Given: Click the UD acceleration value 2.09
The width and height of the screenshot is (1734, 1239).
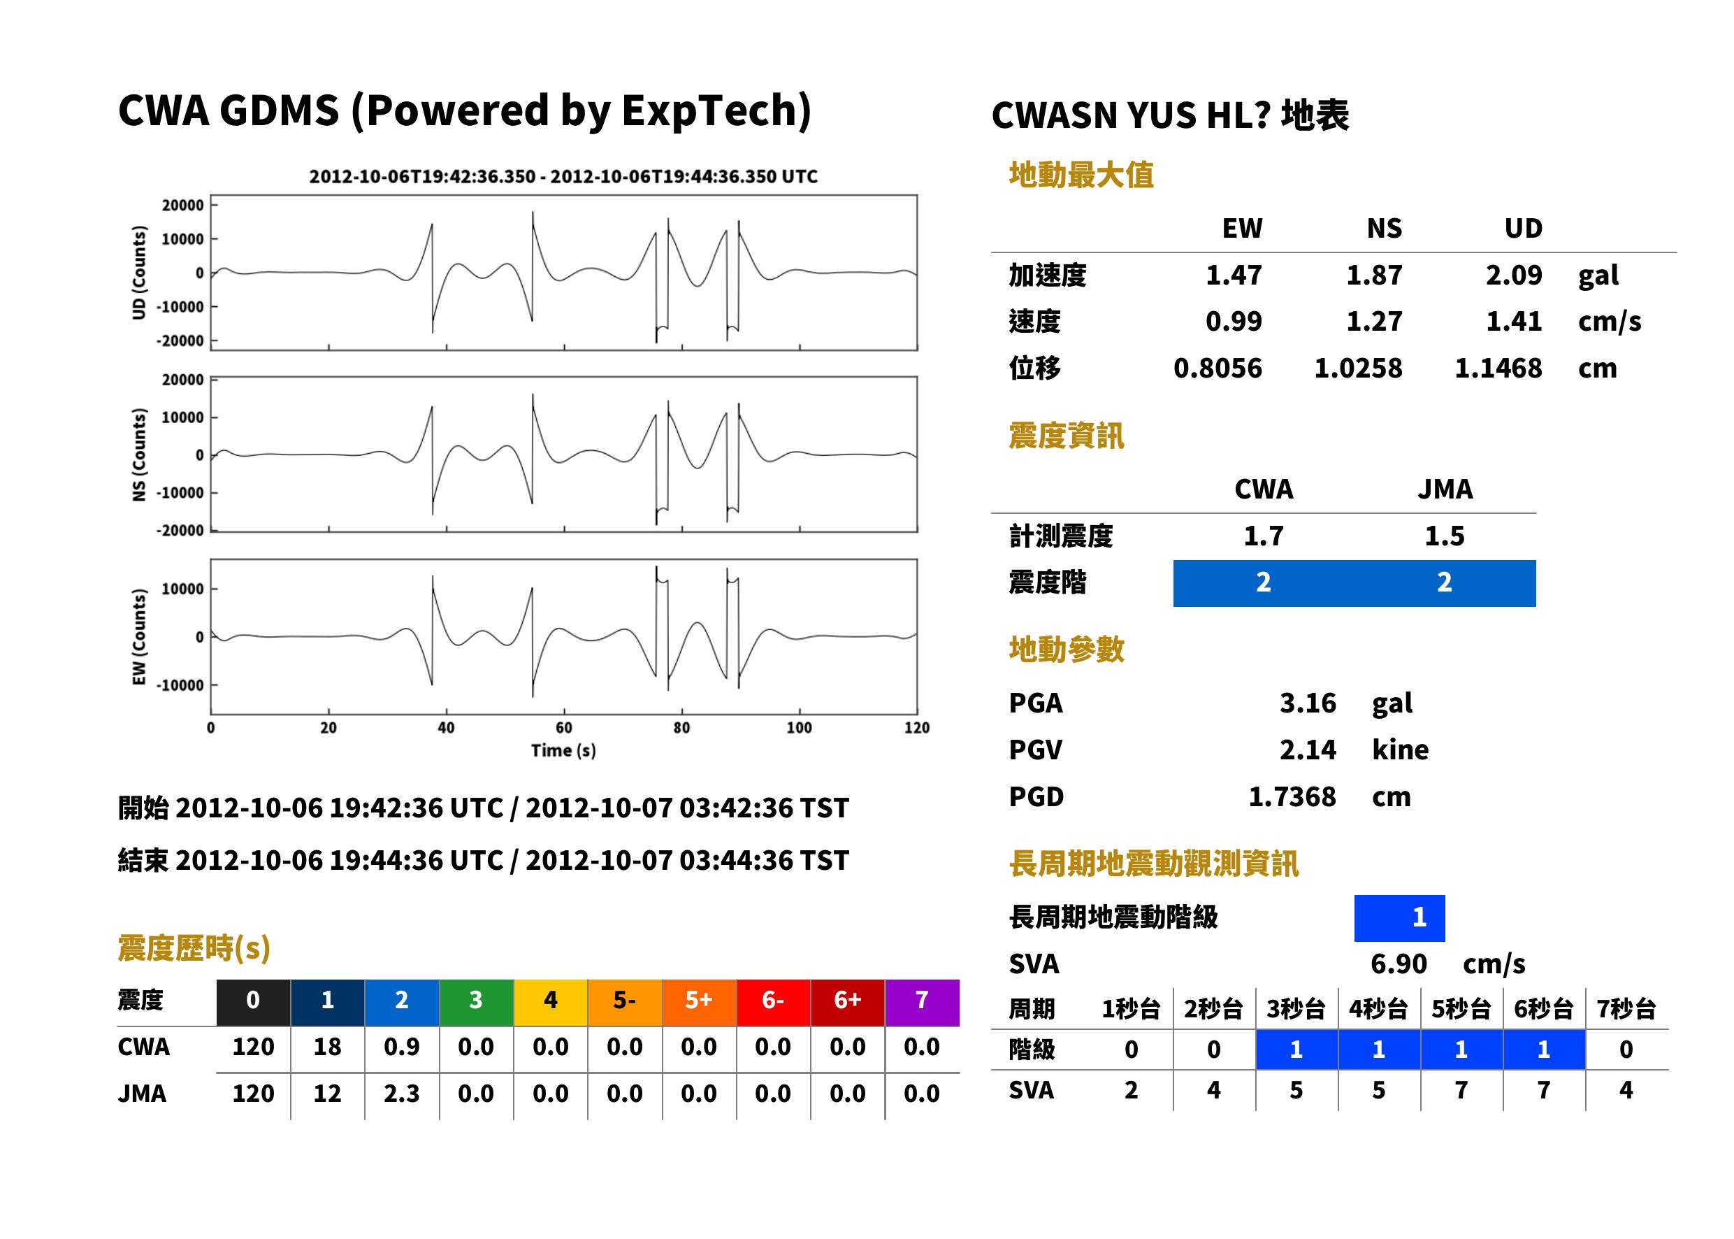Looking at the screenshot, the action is [1513, 275].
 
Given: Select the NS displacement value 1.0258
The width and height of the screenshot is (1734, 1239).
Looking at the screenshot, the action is [1357, 368].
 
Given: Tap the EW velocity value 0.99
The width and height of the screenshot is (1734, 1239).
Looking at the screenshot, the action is [1233, 321].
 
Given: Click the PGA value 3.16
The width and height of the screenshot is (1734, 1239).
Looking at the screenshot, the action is [1307, 703].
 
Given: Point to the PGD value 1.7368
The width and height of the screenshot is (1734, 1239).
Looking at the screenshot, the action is [1292, 796].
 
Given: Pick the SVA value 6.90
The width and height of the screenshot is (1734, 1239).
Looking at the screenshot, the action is [1398, 964].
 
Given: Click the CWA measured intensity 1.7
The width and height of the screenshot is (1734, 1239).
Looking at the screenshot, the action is [1264, 536].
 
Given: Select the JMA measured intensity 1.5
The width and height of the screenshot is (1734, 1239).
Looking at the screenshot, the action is [1444, 536].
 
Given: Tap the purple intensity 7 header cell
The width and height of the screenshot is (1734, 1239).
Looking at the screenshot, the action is [922, 1000].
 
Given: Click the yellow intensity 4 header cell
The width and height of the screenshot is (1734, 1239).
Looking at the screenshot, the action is [550, 1000].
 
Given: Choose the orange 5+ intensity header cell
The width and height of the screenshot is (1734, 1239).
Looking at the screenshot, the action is [698, 1000].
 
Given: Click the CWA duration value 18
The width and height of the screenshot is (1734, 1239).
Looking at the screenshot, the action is [327, 1047].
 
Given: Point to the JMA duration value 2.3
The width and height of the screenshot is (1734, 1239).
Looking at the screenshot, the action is [401, 1094].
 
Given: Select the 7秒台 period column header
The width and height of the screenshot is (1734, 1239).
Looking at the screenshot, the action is [1626, 1008].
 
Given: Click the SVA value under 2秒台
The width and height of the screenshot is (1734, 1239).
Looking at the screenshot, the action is [1213, 1090].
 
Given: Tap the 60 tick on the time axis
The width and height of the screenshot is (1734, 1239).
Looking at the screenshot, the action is [563, 728].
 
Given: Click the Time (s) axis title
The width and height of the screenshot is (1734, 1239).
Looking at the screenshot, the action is [563, 751].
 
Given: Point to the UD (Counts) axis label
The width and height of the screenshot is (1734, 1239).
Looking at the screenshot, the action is [139, 273].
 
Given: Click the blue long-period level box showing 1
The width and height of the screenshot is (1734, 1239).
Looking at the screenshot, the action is [1399, 918].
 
